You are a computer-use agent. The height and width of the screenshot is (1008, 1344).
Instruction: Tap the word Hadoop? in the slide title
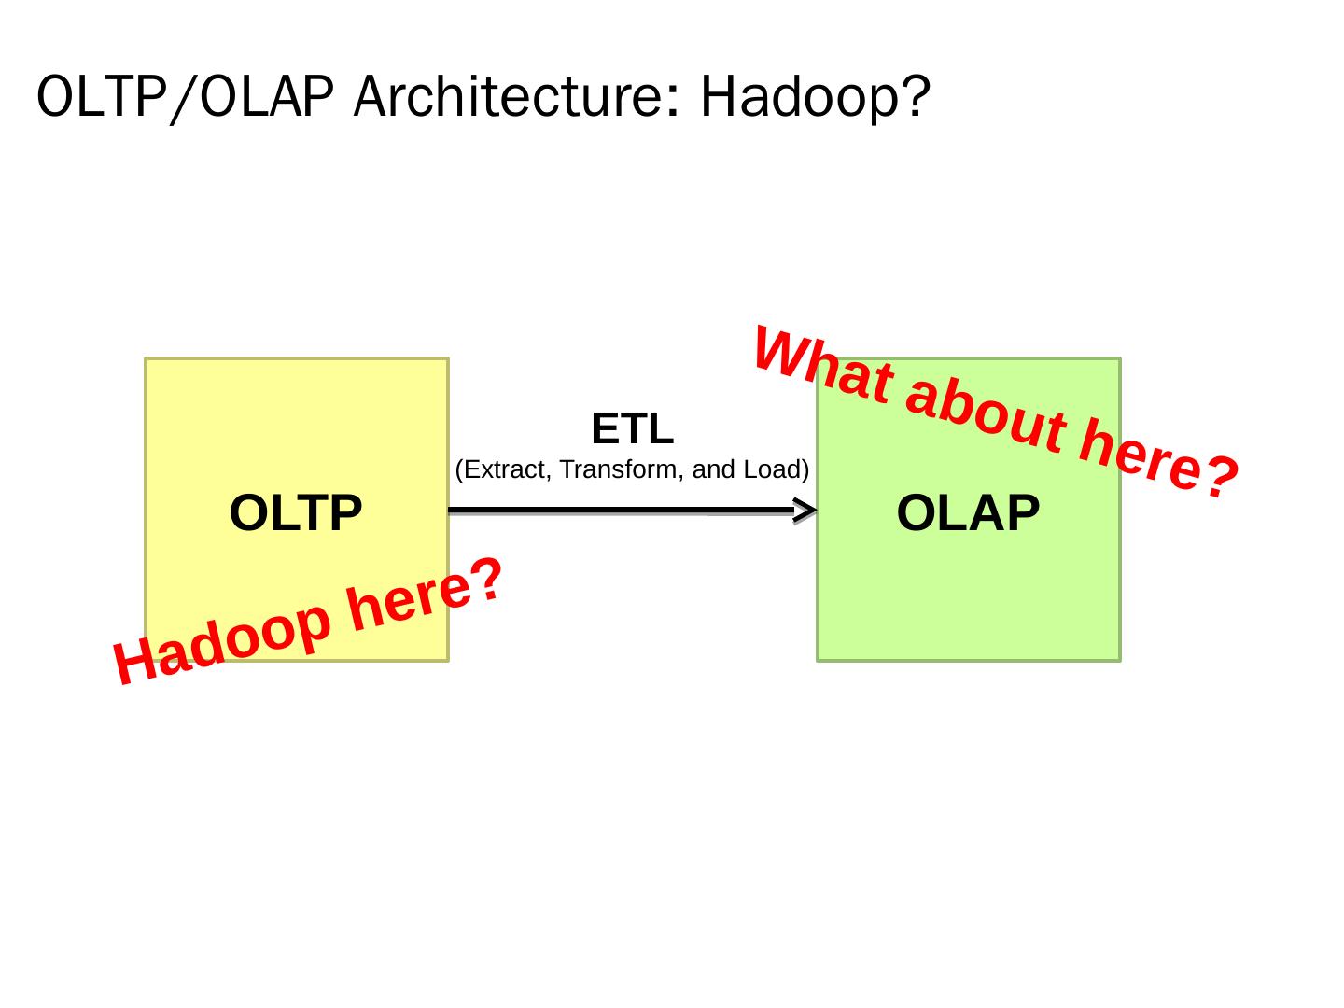(x=815, y=96)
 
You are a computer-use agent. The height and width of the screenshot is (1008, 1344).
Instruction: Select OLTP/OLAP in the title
(x=185, y=98)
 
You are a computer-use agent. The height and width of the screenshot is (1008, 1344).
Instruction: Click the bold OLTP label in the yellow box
(x=296, y=513)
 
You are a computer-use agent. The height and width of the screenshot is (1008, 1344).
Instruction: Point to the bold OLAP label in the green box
(x=968, y=513)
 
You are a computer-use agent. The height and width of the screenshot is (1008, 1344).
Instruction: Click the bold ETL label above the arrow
(x=632, y=429)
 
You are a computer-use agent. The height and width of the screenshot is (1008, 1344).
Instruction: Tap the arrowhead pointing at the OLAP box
(x=805, y=511)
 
